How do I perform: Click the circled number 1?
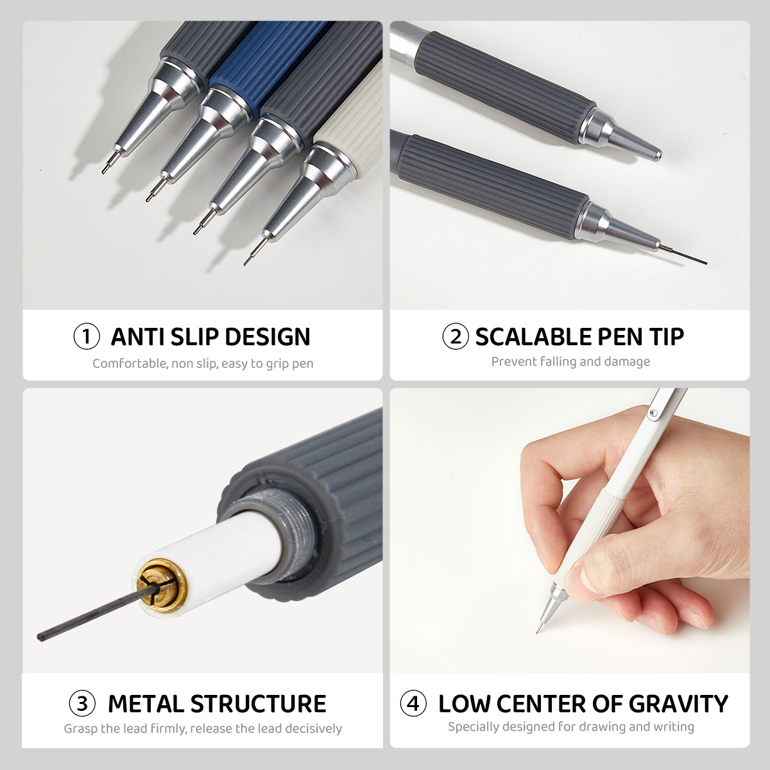pyautogui.click(x=86, y=336)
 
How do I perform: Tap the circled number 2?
pyautogui.click(x=455, y=336)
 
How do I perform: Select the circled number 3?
pyautogui.click(x=82, y=704)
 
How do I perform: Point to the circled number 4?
pyautogui.click(x=413, y=704)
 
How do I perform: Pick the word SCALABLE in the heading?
pyautogui.click(x=533, y=337)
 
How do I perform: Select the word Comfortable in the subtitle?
pyautogui.click(x=129, y=364)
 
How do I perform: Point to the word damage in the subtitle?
pyautogui.click(x=627, y=362)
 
